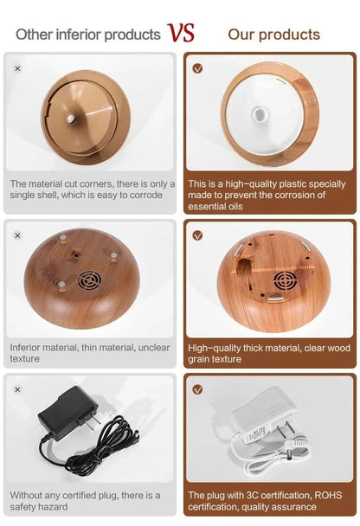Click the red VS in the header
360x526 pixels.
pos(181,33)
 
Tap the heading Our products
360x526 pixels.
pos(273,35)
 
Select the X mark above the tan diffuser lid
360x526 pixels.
pos(18,68)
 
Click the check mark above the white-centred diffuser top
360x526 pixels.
pos(197,68)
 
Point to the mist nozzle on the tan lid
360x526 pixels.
pos(71,118)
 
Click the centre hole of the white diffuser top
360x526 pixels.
pos(259,114)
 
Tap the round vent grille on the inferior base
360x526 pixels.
pos(89,280)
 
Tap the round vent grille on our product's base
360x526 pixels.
pos(286,281)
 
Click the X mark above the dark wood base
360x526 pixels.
pos(18,235)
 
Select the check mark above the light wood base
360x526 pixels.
pos(197,235)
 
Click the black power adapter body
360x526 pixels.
pos(67,413)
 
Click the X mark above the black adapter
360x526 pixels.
pos(18,389)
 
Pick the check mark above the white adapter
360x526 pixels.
pos(197,389)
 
